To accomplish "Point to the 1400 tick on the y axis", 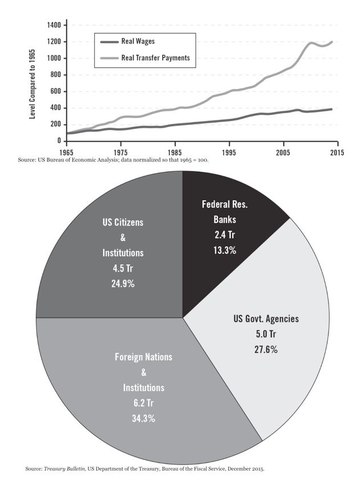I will tap(54, 26).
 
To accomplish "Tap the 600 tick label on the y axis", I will tap(54, 91).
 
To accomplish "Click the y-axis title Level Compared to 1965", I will tap(32, 83).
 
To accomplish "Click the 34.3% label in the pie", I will tap(143, 418).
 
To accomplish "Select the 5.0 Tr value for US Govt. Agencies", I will tap(266, 334).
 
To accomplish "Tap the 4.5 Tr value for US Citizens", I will tap(123, 268).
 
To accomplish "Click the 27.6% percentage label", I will tap(266, 349).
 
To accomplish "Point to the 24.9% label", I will tap(123, 283).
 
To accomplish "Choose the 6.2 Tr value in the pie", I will tap(143, 403).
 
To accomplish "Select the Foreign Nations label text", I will tap(143, 357).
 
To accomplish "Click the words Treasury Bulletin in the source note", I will tap(66, 469).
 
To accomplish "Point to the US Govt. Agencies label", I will tap(266, 318).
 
